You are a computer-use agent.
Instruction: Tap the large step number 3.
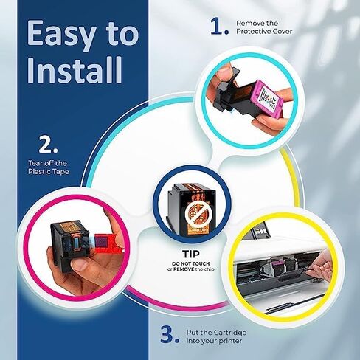[170, 333]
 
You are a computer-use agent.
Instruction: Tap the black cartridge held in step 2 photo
[70, 232]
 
